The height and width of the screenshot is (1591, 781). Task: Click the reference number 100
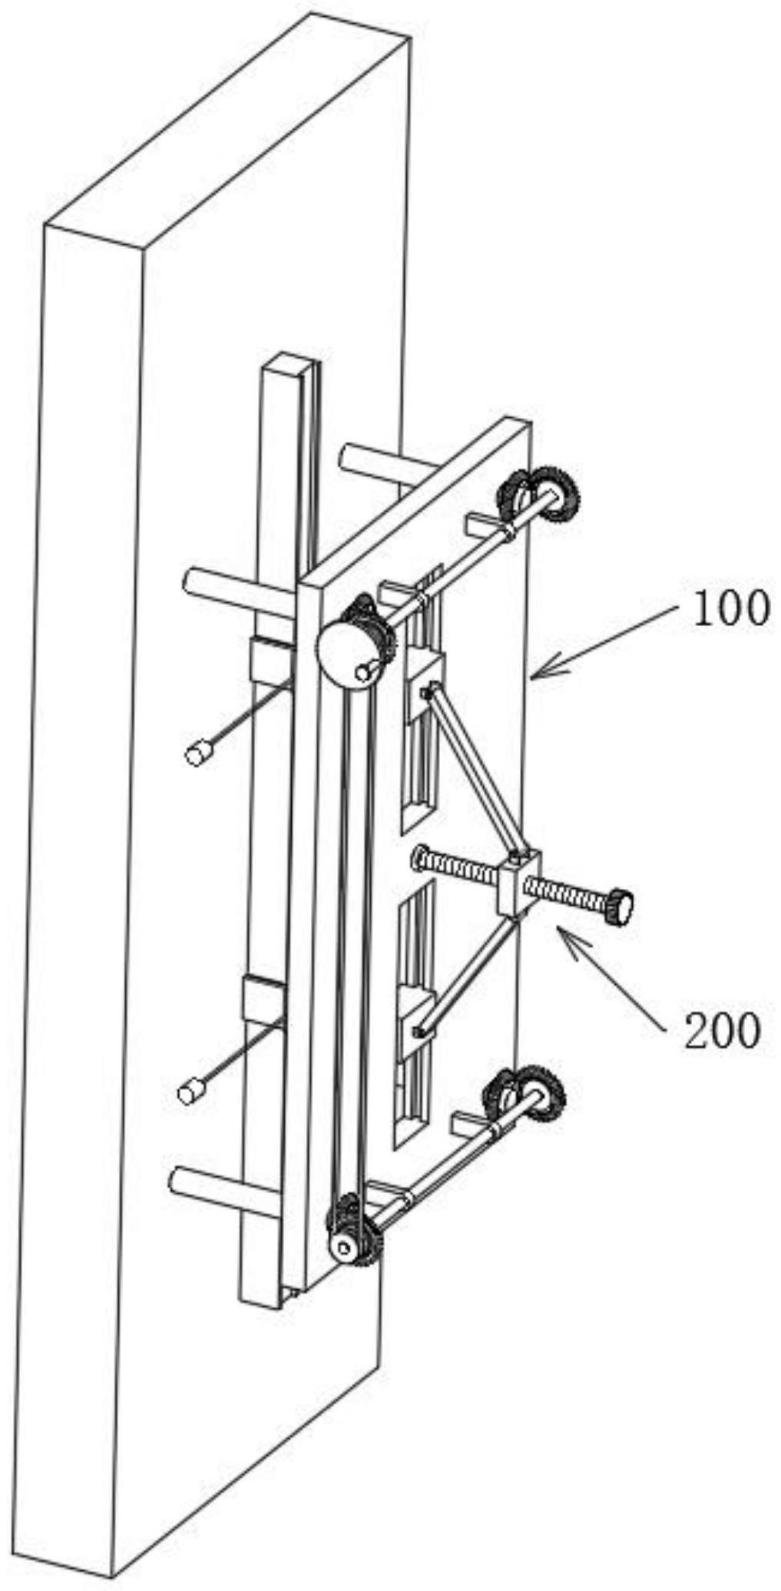click(x=730, y=609)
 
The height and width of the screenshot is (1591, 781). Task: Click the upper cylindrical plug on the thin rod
click(x=199, y=752)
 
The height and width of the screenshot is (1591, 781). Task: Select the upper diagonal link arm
click(x=476, y=769)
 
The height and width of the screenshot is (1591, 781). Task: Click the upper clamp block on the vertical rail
click(x=270, y=658)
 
